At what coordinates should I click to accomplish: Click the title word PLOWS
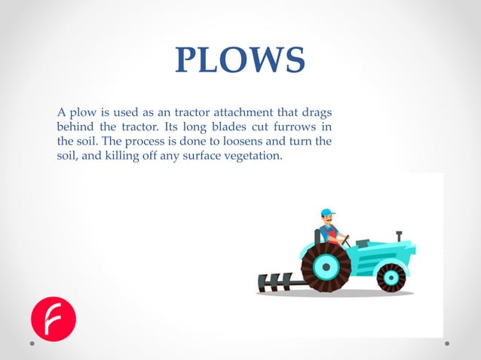pos(240,61)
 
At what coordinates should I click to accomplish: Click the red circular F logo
pos(53,319)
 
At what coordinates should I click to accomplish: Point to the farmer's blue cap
pos(326,212)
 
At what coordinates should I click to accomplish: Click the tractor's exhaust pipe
pos(399,236)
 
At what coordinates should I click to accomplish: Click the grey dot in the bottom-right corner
pos(447,343)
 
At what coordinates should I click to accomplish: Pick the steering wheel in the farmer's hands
pos(346,240)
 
